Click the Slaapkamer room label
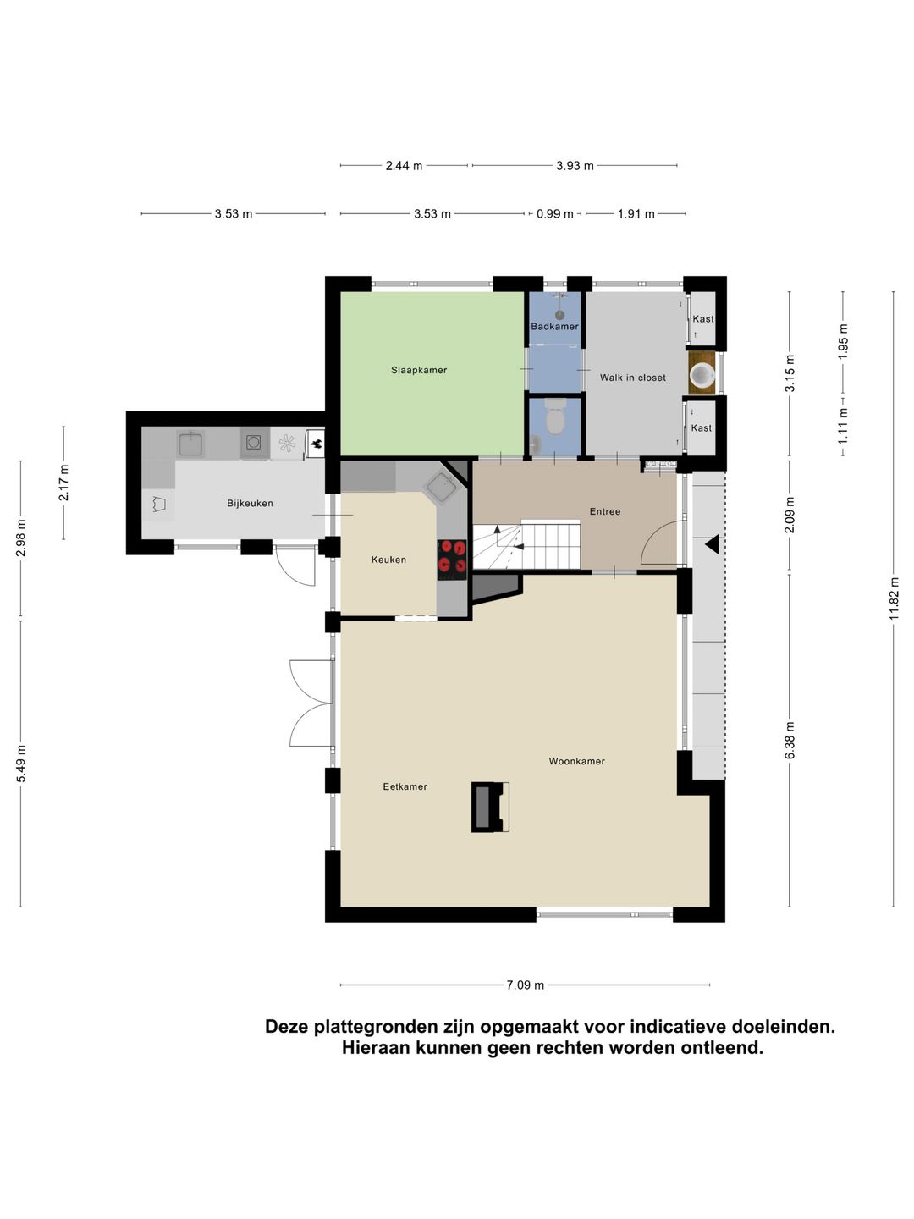[419, 370]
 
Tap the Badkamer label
[554, 327]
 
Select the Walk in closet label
[632, 378]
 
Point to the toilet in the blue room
[555, 417]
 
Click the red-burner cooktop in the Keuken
[452, 559]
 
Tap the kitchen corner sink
[440, 487]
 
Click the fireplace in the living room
[489, 807]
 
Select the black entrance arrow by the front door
[712, 544]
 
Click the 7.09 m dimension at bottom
[525, 985]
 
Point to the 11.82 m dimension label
[894, 598]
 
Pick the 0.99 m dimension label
[554, 214]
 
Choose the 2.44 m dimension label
[404, 166]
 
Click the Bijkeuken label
[250, 504]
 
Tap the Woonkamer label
[576, 762]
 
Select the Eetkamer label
[405, 787]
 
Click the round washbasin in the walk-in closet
[702, 374]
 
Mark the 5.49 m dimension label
[21, 763]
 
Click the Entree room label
[605, 512]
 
